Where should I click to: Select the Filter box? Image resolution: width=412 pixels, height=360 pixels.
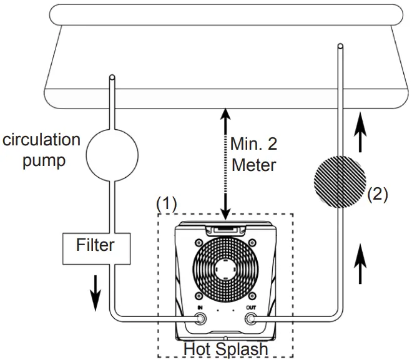click(96, 245)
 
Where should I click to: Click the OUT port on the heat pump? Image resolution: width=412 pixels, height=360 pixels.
click(252, 319)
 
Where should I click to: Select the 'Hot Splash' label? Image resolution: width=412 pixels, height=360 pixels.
click(226, 349)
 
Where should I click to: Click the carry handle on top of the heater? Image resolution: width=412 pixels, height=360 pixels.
click(226, 231)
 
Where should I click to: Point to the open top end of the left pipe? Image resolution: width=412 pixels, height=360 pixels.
click(111, 78)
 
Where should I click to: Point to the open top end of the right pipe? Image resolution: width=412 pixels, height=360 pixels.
click(340, 46)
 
